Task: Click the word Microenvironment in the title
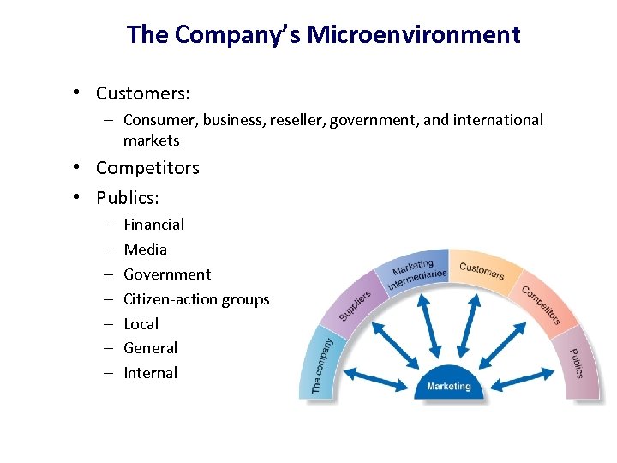point(414,35)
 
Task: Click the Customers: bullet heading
point(143,93)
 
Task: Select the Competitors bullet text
point(147,168)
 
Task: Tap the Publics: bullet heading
point(128,198)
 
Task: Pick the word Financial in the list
point(154,225)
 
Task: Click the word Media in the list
point(146,250)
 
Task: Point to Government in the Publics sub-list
point(167,274)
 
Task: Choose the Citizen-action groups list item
point(196,299)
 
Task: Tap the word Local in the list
point(141,324)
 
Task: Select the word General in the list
point(151,348)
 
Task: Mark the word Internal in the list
point(151,373)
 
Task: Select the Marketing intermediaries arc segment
point(415,272)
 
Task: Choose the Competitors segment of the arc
point(541,304)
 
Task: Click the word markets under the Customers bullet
point(152,141)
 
